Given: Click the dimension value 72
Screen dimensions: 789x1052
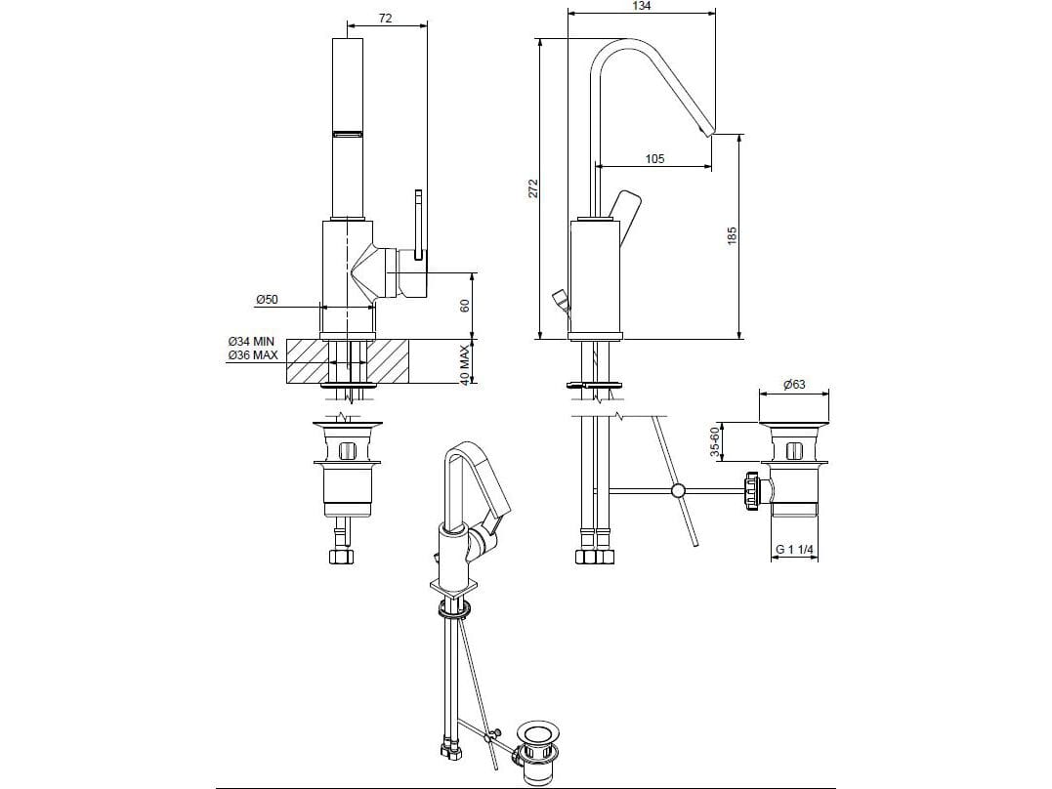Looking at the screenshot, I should click(385, 20).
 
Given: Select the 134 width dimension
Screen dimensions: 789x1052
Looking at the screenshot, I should click(641, 6).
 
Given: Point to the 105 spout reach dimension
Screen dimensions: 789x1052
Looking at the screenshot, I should click(653, 158).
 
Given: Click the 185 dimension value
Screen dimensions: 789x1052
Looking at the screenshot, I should click(732, 235).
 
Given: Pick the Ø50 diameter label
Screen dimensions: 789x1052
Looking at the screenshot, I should click(267, 300).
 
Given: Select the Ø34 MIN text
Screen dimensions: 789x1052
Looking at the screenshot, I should click(251, 342).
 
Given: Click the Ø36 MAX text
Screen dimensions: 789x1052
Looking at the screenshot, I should click(251, 355).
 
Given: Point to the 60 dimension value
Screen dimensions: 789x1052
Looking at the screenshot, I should click(466, 306).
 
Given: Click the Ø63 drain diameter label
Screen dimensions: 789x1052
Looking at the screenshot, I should click(793, 385).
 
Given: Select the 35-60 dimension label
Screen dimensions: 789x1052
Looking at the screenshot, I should click(715, 440).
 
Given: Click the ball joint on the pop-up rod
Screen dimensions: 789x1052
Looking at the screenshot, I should click(676, 490).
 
